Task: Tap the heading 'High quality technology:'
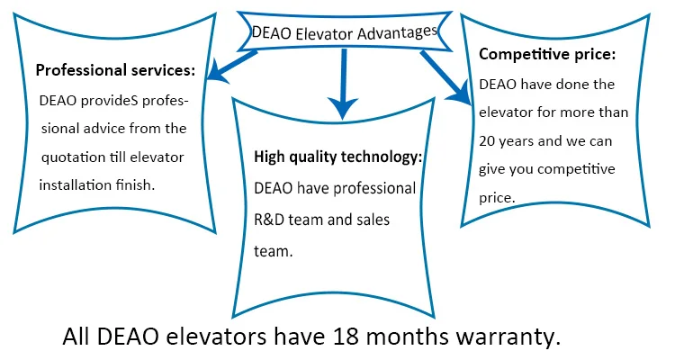point(337,157)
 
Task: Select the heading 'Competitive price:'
point(547,54)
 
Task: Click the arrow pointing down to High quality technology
point(341,85)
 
